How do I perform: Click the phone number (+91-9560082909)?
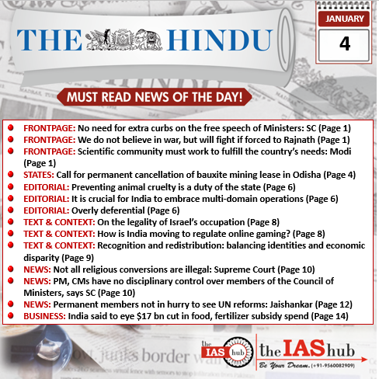(x=334, y=364)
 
